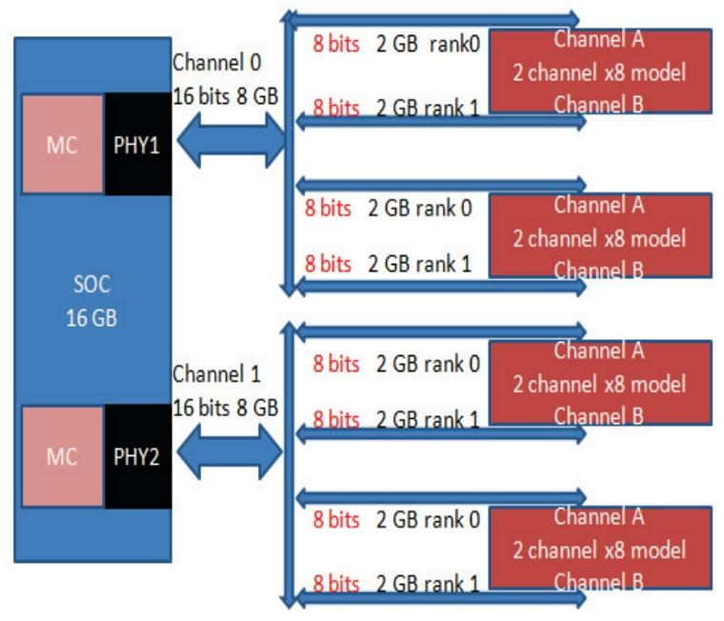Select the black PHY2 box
pyautogui.click(x=138, y=456)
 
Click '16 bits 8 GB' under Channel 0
pyautogui.click(x=225, y=94)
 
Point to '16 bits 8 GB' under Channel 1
pyautogui.click(x=225, y=407)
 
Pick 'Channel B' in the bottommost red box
pyautogui.click(x=597, y=578)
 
